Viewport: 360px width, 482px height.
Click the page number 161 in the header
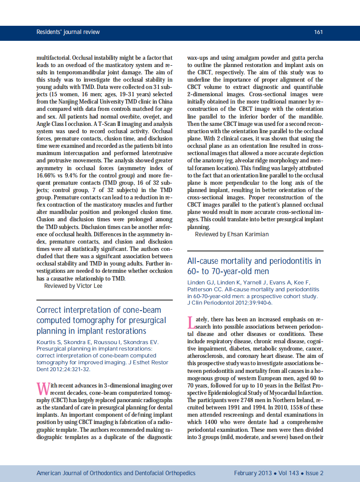pyautogui.click(x=318, y=32)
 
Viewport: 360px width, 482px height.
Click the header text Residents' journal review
pyautogui.click(x=68, y=32)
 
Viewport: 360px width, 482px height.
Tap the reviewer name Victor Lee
pyautogui.click(x=89, y=286)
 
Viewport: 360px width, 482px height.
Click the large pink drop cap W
pyautogui.click(x=43, y=388)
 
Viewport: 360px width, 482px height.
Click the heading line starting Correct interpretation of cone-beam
pyautogui.click(x=99, y=310)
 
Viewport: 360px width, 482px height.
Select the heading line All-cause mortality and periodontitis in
pyautogui.click(x=254, y=261)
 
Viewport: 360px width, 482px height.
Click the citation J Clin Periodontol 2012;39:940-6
pyautogui.click(x=230, y=302)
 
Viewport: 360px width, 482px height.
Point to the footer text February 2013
pyautogui.click(x=253, y=473)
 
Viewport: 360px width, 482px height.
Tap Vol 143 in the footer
pyautogui.click(x=288, y=473)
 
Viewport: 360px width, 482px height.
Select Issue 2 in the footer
pyautogui.click(x=314, y=473)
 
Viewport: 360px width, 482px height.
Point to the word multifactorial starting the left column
pyautogui.click(x=53, y=58)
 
